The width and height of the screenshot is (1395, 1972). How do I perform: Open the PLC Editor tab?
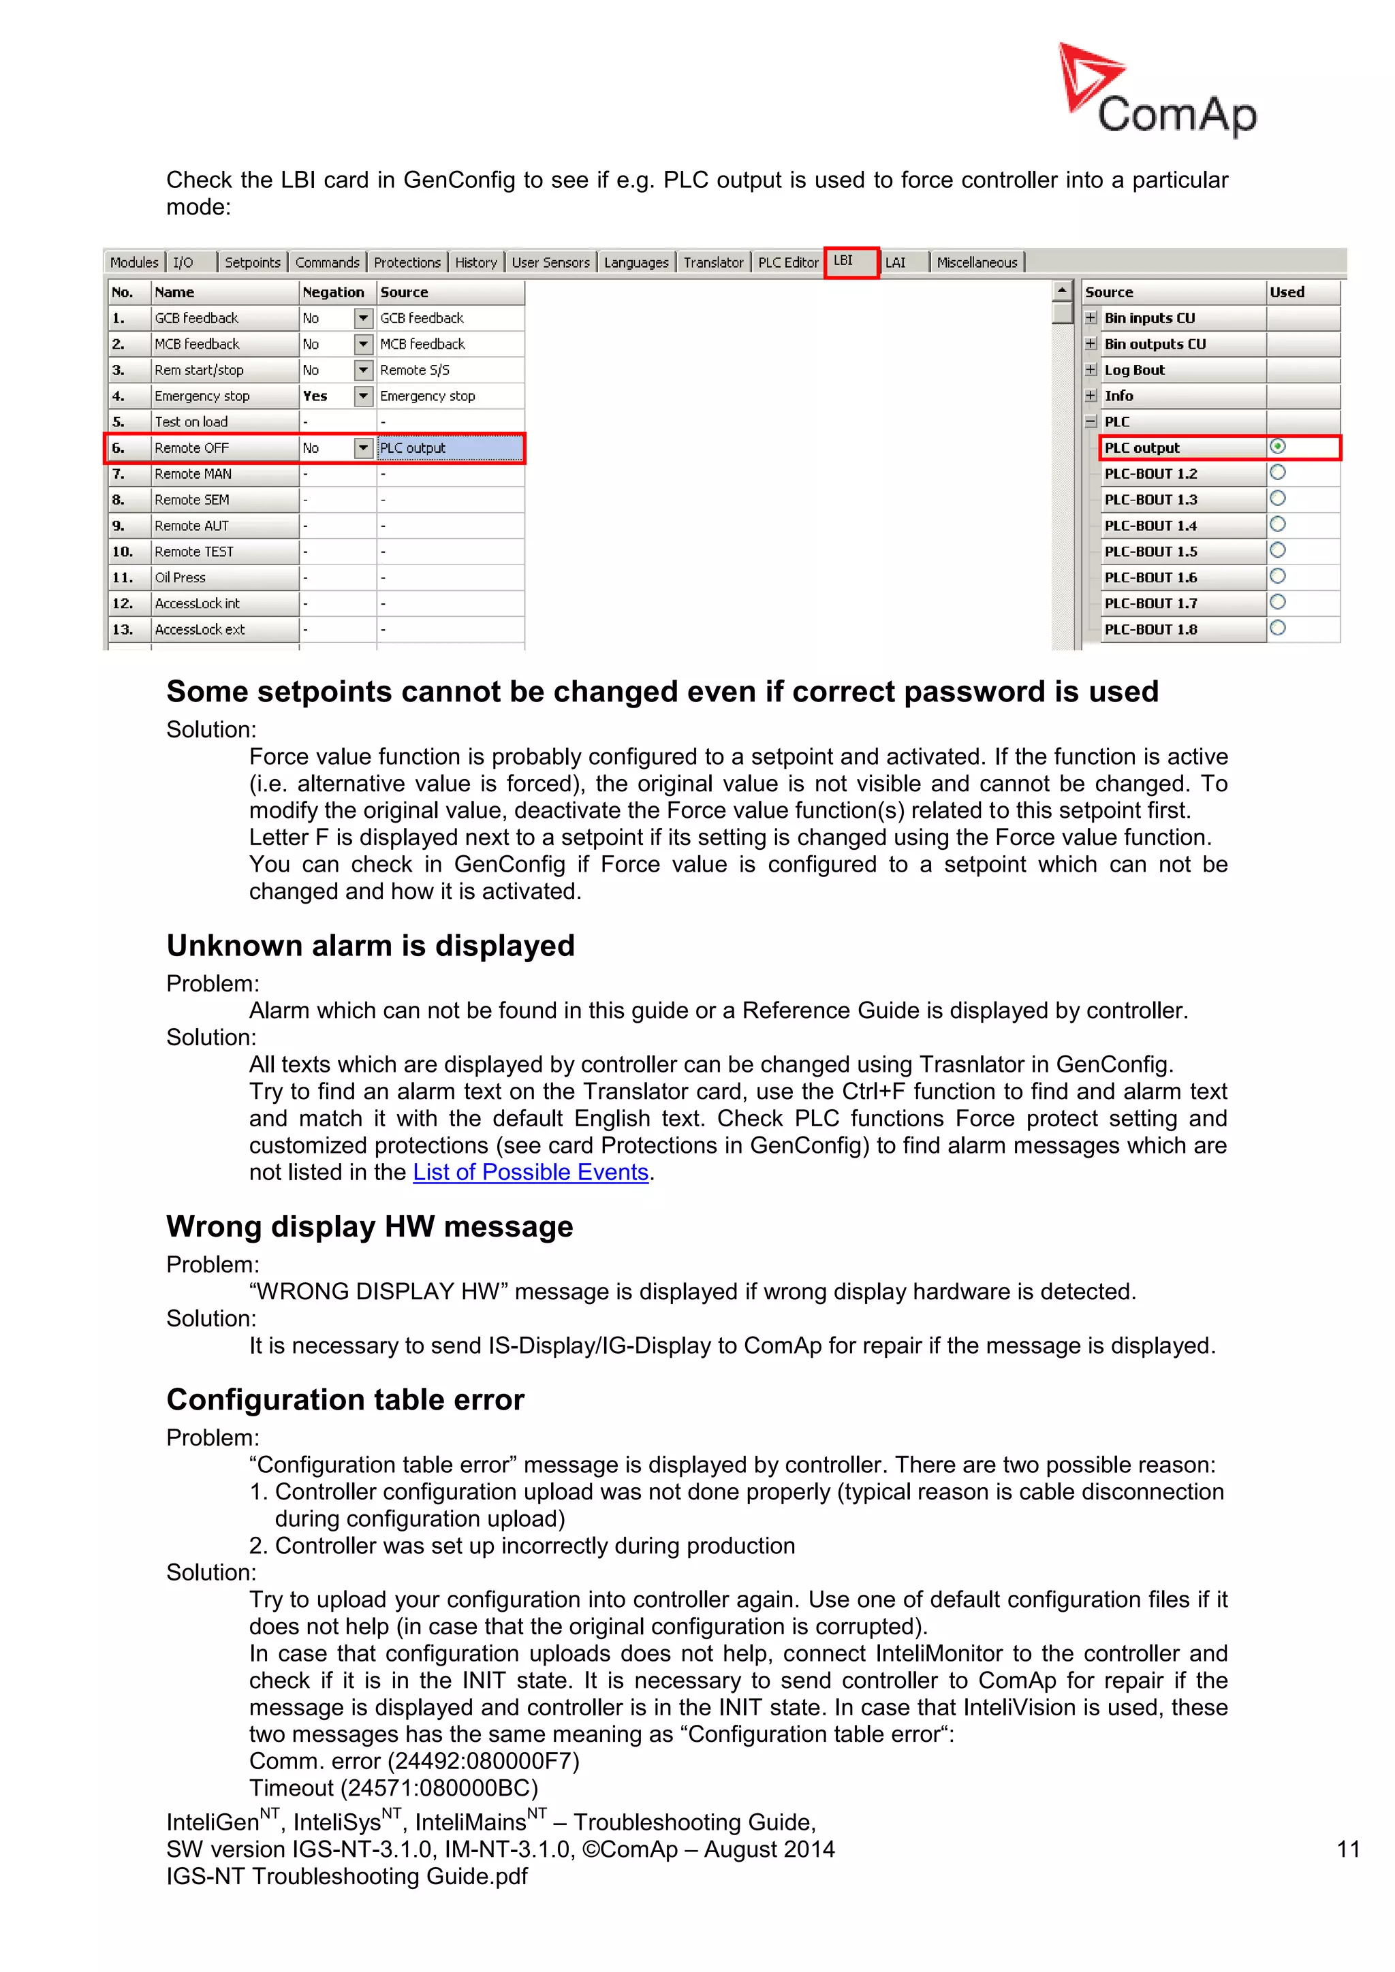coord(787,263)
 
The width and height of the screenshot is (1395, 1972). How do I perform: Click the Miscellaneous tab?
coord(976,263)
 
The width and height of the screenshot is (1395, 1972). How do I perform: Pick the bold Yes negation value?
coord(316,396)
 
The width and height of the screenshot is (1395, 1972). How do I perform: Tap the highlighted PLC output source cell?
coord(450,447)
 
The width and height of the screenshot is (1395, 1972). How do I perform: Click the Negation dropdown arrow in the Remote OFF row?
coord(363,447)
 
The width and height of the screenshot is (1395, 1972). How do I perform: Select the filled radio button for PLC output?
coord(1277,447)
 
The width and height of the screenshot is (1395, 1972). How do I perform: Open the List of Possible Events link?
coord(530,1173)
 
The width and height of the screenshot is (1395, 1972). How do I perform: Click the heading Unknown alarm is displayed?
coord(371,946)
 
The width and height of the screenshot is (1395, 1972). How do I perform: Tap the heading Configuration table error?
coord(345,1400)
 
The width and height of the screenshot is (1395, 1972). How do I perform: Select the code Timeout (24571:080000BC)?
coord(394,1788)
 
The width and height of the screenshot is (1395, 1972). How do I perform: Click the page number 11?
coord(1348,1849)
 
